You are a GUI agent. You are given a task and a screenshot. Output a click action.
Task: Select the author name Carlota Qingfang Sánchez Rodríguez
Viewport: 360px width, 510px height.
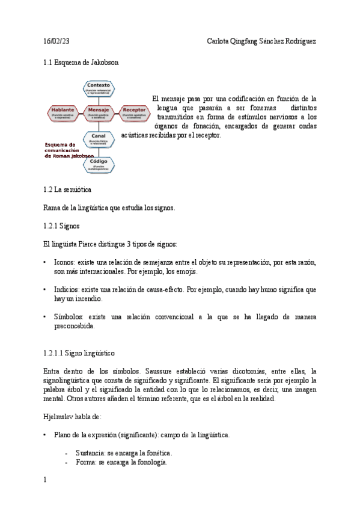click(261, 41)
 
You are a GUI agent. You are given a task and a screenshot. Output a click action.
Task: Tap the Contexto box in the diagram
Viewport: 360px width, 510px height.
click(99, 89)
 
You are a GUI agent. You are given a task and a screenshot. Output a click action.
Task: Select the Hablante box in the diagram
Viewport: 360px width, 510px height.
click(63, 113)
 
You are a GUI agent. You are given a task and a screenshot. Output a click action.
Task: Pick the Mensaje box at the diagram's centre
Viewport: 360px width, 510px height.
click(99, 113)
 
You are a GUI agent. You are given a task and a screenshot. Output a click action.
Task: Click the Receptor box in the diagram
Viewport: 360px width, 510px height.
click(135, 113)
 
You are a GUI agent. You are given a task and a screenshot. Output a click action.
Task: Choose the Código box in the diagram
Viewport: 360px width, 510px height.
click(99, 164)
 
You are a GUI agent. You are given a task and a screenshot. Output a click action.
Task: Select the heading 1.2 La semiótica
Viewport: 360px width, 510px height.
click(67, 189)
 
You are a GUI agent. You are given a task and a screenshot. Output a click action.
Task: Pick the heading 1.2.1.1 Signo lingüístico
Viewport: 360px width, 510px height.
click(79, 352)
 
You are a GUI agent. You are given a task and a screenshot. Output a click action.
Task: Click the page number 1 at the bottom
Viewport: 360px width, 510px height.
click(45, 480)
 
